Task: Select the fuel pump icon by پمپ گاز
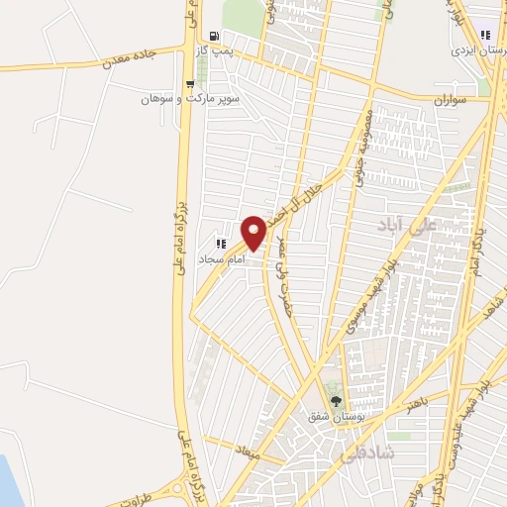click(x=214, y=36)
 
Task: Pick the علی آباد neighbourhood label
click(x=407, y=227)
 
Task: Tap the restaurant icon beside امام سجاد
click(x=221, y=243)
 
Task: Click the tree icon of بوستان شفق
click(x=336, y=402)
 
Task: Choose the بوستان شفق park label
click(x=332, y=418)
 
